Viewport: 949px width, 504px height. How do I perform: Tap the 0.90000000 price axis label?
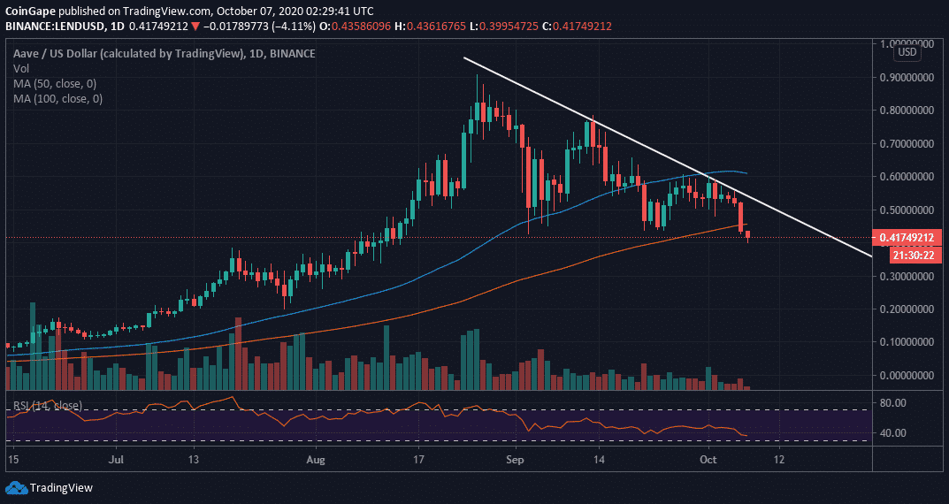(x=906, y=77)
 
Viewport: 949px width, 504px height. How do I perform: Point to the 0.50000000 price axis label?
(x=906, y=210)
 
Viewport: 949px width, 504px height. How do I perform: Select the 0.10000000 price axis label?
(x=906, y=342)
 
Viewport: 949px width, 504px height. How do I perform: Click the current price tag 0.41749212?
(x=907, y=238)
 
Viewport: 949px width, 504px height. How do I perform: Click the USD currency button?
(x=907, y=53)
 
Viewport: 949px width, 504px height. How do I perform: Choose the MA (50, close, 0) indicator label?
(x=55, y=84)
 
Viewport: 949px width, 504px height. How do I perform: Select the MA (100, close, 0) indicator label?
(x=57, y=99)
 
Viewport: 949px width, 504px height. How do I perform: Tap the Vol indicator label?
(x=21, y=69)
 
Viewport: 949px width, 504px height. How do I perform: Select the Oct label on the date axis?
(x=708, y=460)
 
